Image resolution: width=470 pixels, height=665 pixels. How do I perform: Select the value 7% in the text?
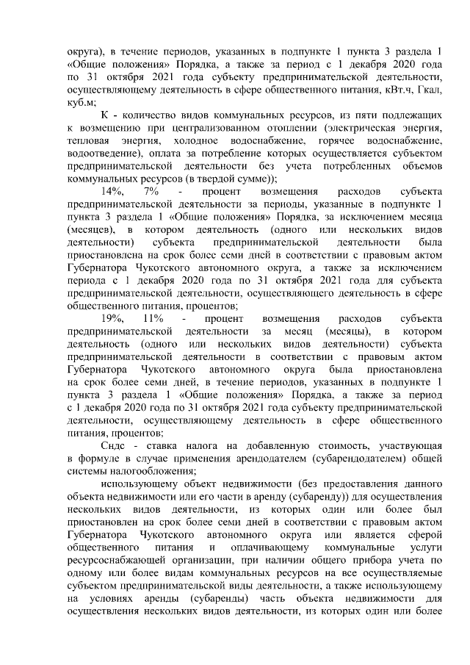click(153, 191)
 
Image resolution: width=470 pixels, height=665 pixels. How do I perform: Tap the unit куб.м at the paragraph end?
click(80, 104)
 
